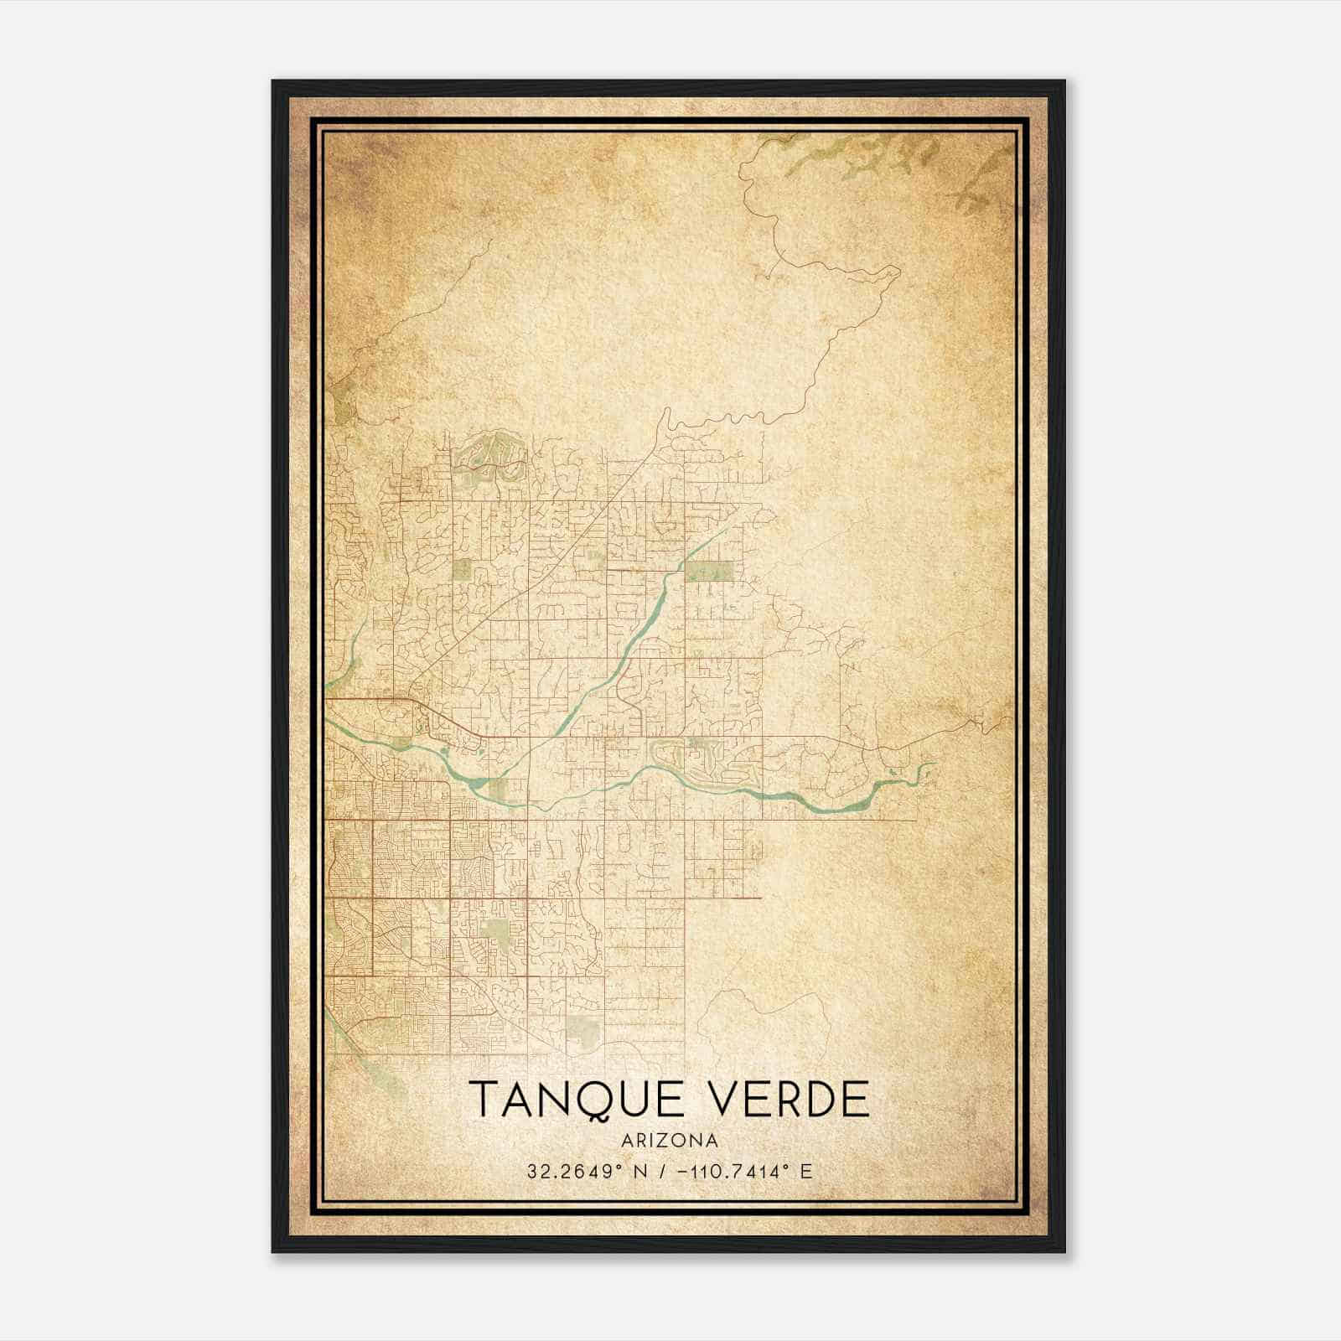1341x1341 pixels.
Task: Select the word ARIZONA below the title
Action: pyautogui.click(x=670, y=1140)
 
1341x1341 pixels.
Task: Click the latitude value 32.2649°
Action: pyautogui.click(x=570, y=1171)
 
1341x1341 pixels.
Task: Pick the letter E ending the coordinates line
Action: pyautogui.click(x=806, y=1171)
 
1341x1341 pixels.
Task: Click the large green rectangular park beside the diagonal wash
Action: pyautogui.click(x=709, y=572)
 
